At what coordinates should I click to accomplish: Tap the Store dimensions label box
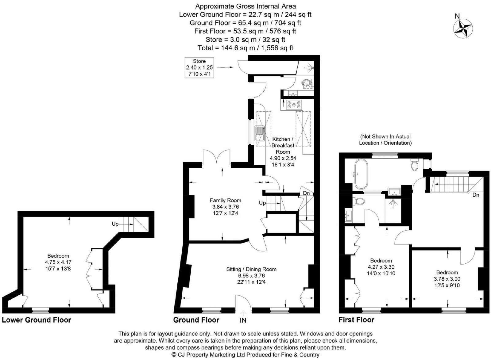click(199, 68)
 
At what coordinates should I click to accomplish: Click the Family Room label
click(225, 200)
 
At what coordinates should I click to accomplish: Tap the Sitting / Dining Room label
click(251, 269)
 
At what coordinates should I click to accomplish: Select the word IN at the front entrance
click(243, 320)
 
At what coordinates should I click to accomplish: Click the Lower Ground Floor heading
click(37, 320)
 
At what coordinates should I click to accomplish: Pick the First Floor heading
click(356, 320)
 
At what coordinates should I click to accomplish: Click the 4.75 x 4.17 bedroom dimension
click(58, 262)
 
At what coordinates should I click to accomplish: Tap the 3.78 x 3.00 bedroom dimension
click(447, 279)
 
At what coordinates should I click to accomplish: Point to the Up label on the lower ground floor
click(115, 224)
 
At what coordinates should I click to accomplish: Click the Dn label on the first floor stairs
click(476, 195)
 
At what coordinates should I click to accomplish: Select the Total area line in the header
click(245, 48)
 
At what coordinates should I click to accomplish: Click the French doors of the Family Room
click(217, 157)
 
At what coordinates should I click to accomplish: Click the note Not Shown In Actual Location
click(385, 140)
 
